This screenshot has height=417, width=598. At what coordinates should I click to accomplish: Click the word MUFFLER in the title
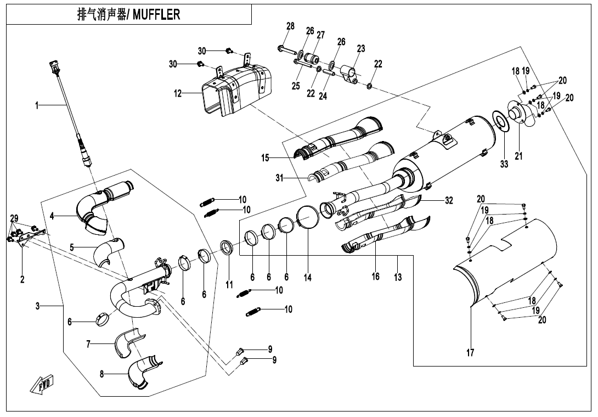point(157,15)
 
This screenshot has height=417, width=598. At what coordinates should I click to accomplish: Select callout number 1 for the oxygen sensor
point(37,105)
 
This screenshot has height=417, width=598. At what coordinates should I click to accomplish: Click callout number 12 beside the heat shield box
point(178,93)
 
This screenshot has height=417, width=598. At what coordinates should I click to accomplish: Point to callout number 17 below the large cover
point(470,353)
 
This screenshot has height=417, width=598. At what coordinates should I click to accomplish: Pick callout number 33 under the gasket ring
point(504,164)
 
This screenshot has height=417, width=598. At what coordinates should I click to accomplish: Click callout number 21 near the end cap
point(518,156)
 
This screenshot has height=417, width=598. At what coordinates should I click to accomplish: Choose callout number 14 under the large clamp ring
point(308,278)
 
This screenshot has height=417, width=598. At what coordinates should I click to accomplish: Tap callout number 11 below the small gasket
point(229,285)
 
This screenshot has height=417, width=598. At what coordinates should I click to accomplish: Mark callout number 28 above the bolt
point(290,26)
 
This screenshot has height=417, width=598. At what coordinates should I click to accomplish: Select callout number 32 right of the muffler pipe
point(449,201)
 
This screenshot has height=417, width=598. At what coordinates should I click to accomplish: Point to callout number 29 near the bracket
point(14,218)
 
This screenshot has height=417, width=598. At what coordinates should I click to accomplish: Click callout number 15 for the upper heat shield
point(265,158)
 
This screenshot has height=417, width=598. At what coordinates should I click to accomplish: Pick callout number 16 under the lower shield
point(375,276)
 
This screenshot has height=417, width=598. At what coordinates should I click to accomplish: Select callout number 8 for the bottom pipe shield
point(102,374)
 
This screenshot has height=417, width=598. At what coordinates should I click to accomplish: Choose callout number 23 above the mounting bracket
point(360,48)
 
